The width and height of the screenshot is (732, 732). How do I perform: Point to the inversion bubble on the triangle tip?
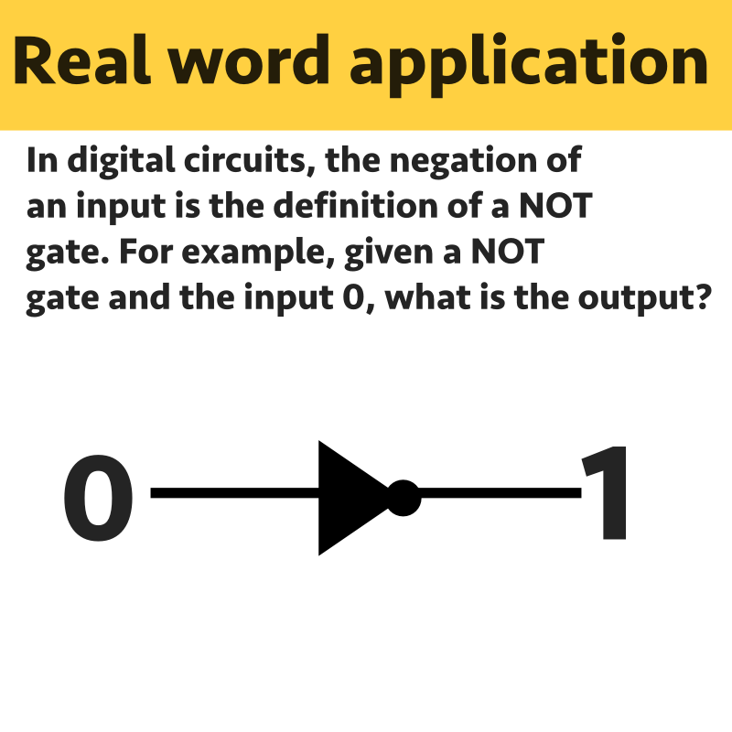click(404, 497)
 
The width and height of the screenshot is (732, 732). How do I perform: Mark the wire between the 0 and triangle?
click(233, 495)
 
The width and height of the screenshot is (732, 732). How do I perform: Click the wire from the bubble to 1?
click(500, 495)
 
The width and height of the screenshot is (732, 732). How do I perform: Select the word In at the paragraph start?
click(41, 163)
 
